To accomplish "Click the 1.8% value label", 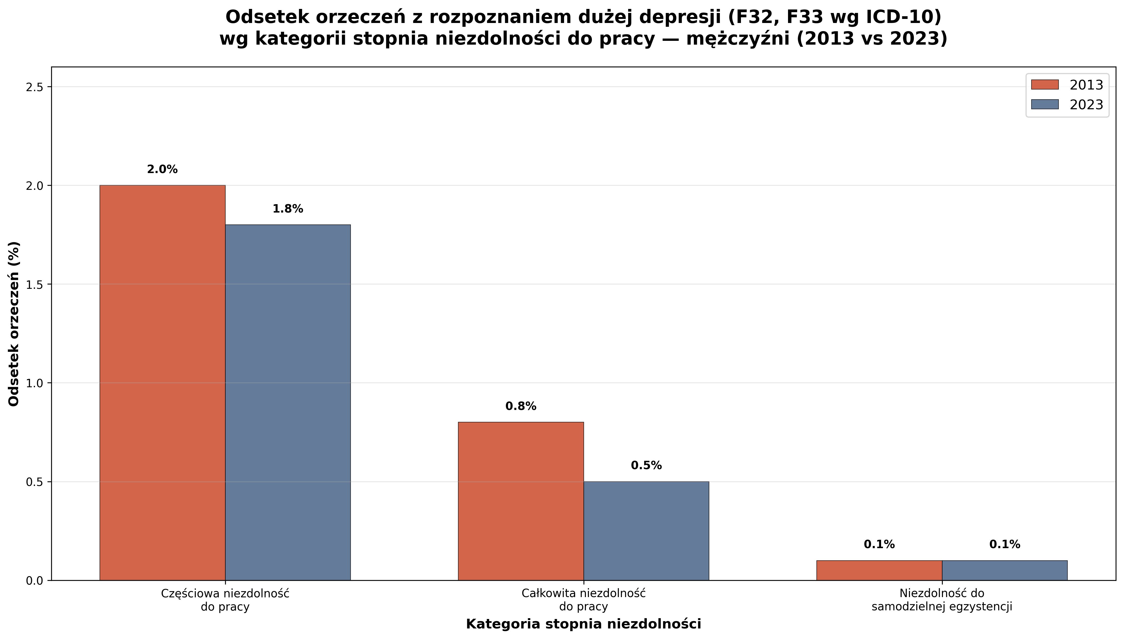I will [288, 209].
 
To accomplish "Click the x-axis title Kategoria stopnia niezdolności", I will [583, 624].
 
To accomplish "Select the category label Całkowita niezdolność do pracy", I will [583, 600].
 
